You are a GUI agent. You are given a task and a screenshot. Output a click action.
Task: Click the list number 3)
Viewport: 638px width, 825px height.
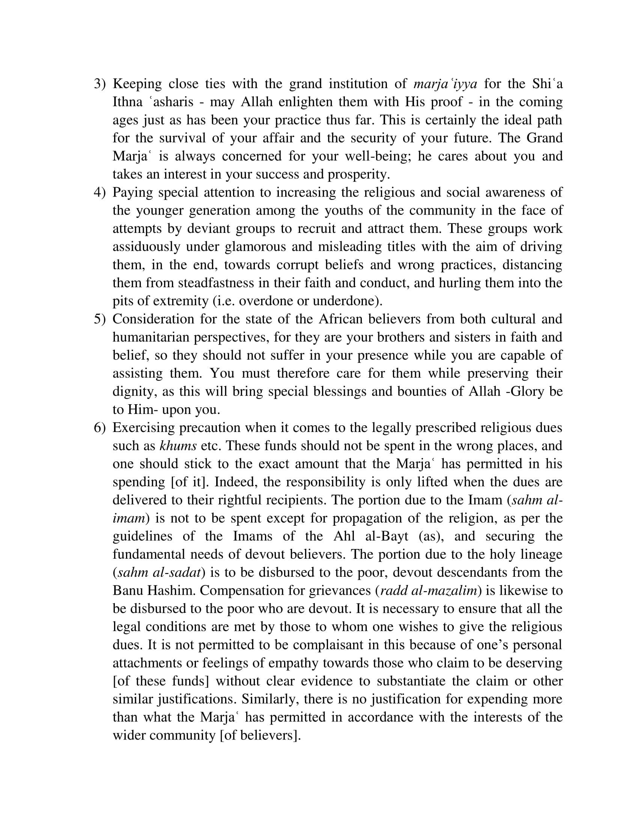click(x=99, y=84)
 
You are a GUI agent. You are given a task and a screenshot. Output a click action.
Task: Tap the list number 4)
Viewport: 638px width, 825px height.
click(x=99, y=193)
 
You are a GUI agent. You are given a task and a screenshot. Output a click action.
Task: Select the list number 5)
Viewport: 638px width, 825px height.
click(x=99, y=319)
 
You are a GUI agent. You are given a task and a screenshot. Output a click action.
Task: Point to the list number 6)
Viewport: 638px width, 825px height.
click(x=99, y=428)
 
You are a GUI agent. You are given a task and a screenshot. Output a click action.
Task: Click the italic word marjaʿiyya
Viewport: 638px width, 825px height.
click(x=445, y=84)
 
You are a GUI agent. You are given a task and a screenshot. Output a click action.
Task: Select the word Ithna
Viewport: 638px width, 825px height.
click(x=127, y=102)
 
